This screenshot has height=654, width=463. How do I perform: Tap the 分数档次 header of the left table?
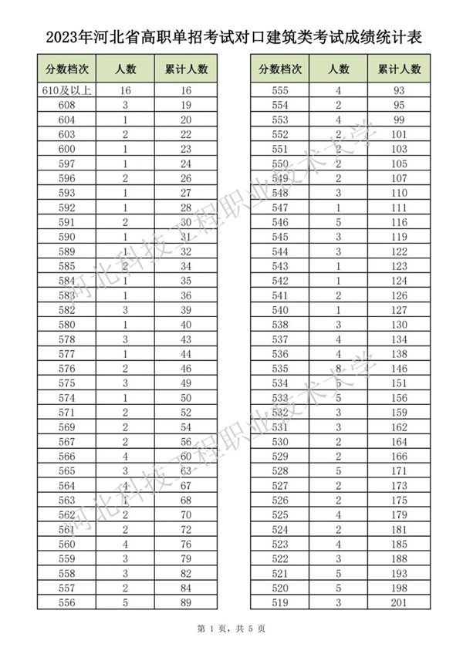(66, 69)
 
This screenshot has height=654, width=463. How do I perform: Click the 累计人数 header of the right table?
(400, 69)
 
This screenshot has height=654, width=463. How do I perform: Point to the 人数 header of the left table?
(125, 69)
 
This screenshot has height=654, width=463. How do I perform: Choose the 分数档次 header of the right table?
(280, 69)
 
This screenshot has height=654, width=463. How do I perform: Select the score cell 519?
(280, 602)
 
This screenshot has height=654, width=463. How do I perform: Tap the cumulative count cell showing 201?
(400, 602)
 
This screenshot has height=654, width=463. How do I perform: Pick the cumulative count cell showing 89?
(186, 602)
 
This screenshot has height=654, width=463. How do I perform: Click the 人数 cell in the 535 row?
(338, 368)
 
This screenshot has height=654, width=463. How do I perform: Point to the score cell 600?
(66, 149)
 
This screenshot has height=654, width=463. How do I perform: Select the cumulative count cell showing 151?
(400, 383)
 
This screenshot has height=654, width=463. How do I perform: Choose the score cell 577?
(66, 353)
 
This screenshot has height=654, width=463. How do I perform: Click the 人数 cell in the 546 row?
(338, 222)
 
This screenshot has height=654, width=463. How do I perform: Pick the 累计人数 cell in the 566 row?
(186, 456)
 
